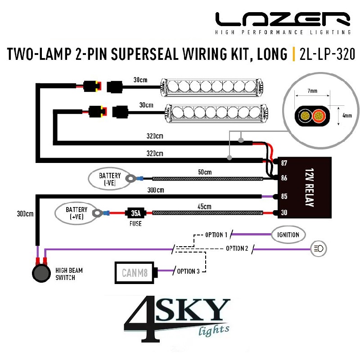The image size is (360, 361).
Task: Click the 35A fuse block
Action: [x=135, y=213]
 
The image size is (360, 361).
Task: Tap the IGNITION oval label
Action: [x=288, y=235]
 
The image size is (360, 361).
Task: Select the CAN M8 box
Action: [x=135, y=273]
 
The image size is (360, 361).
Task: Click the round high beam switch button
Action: [x=41, y=273]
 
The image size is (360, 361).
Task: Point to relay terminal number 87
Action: [x=284, y=163]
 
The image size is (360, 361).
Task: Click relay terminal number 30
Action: [x=284, y=212]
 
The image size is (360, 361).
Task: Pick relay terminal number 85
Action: [x=284, y=196]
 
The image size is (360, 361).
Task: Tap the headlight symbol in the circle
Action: [x=319, y=248]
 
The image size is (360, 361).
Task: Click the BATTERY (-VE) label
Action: [x=110, y=179]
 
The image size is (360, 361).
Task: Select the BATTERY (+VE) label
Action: [x=76, y=213]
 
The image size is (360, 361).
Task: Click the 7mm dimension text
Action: [x=312, y=90]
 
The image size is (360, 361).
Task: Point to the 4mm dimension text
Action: [x=347, y=115]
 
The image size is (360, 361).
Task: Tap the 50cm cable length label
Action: [x=205, y=172]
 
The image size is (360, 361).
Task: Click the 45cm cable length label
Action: [x=204, y=206]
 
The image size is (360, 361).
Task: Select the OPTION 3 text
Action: [x=188, y=271]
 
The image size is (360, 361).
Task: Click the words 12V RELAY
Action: [x=309, y=187]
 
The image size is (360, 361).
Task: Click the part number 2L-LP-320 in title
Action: [x=327, y=54]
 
